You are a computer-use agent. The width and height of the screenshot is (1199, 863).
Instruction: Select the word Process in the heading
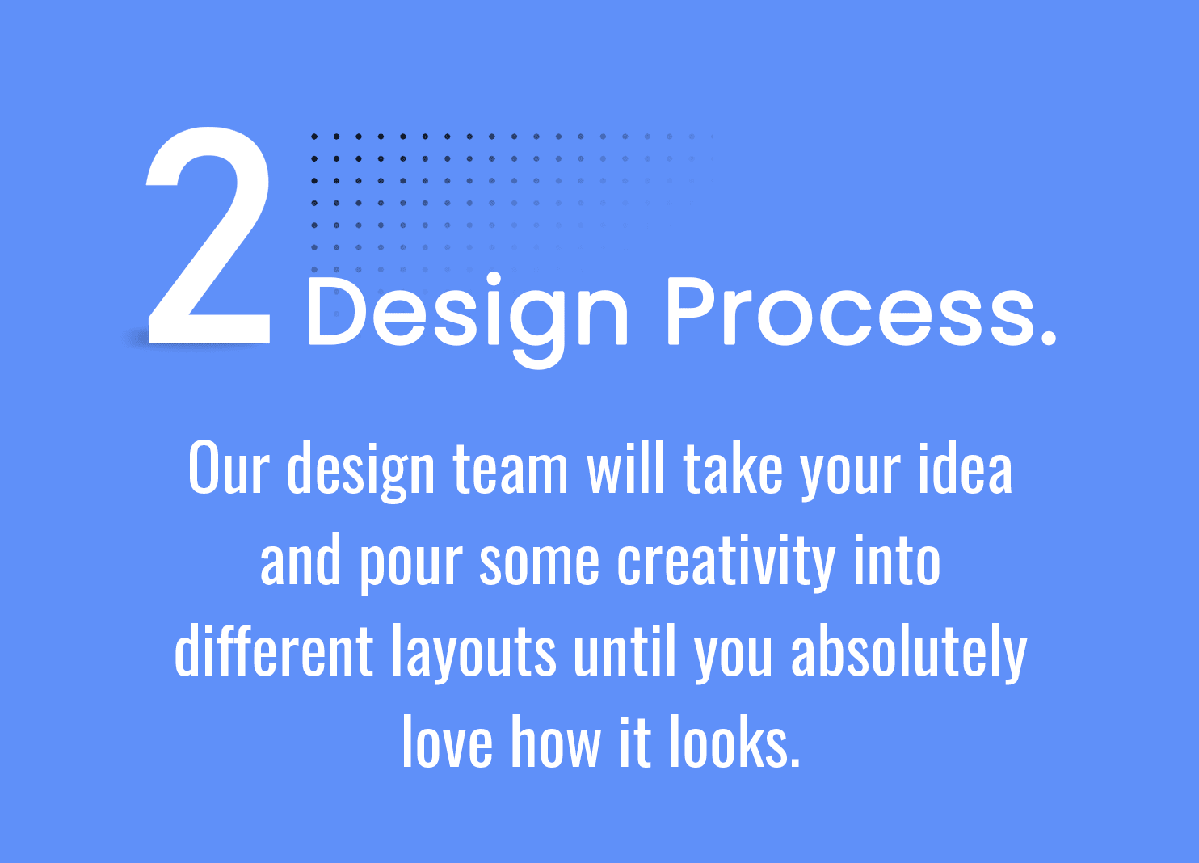[x=851, y=312]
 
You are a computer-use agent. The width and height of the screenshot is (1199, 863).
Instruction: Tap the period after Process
[x=1049, y=337]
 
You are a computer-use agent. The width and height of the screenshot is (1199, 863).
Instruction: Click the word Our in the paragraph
[x=229, y=467]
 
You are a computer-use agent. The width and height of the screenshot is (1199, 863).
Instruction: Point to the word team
[x=510, y=469]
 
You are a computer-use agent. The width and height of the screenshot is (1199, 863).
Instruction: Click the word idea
[x=966, y=467]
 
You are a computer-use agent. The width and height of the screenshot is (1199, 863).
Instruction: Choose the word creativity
[x=726, y=562]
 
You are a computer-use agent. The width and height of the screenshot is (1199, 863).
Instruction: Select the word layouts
[x=474, y=654]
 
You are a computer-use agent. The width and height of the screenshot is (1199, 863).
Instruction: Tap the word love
[x=448, y=742]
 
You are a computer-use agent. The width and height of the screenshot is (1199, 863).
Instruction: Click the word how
[x=557, y=742]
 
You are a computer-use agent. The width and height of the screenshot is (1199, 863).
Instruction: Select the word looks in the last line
[x=731, y=742]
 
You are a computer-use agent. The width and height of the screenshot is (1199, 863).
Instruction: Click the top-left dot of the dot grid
[x=314, y=137]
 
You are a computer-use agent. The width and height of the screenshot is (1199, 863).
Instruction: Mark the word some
[x=539, y=564]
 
